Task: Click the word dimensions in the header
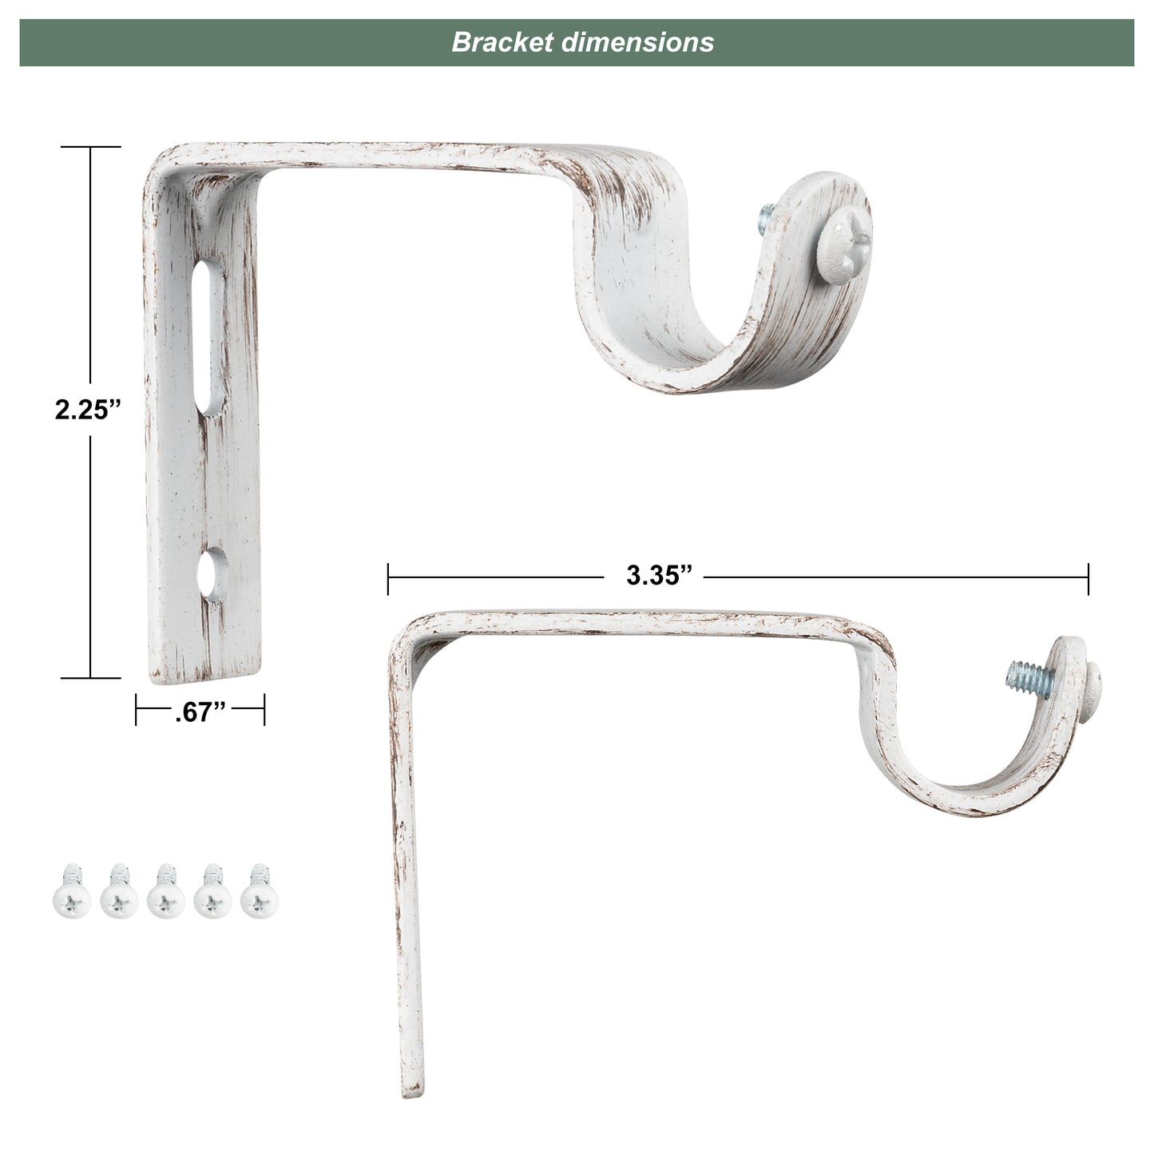point(636,42)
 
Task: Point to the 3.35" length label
point(658,576)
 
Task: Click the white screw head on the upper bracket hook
point(843,239)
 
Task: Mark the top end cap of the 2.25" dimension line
point(90,148)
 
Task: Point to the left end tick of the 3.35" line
point(388,578)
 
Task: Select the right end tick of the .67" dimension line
point(264,709)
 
